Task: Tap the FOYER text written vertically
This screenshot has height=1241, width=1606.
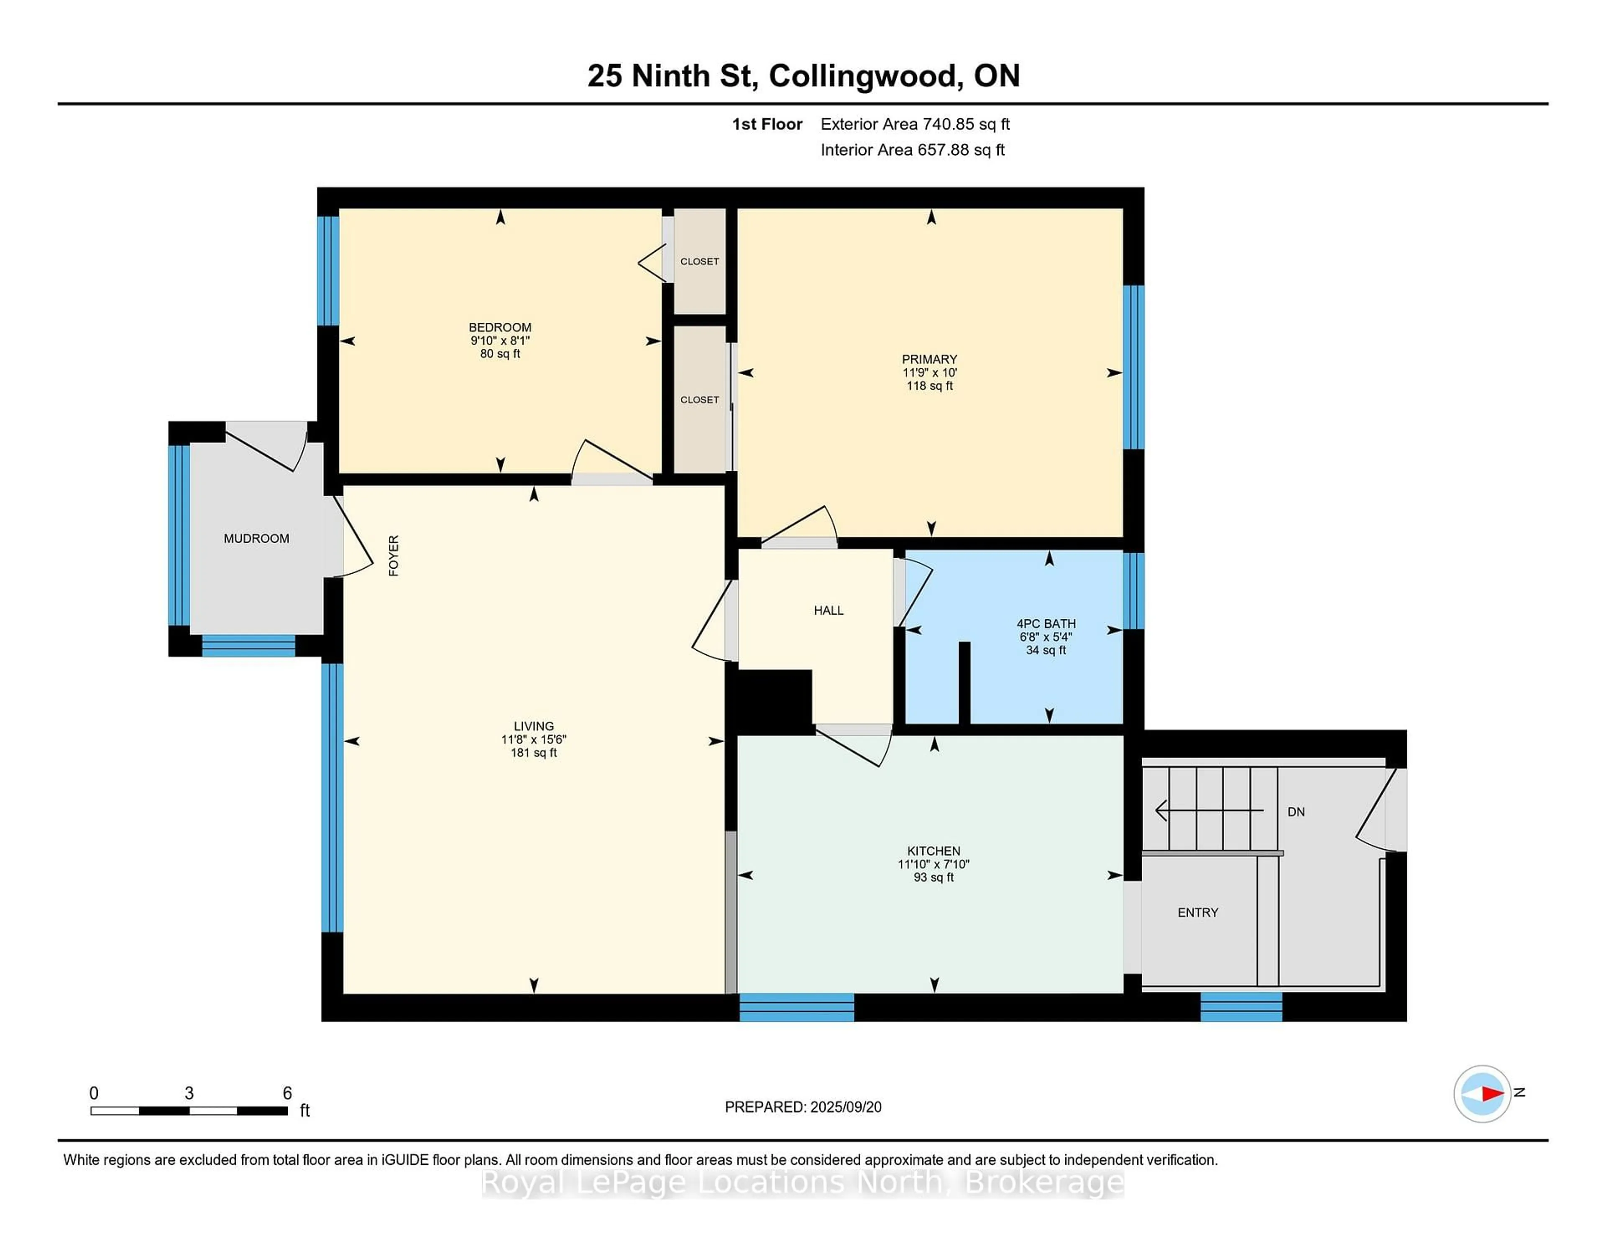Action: [x=394, y=555]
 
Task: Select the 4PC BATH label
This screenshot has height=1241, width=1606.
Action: [x=1046, y=623]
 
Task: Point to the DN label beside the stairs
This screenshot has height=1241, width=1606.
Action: [x=1296, y=812]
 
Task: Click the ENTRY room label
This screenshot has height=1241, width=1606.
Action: [x=1198, y=912]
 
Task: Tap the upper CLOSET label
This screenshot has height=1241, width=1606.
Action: [x=699, y=261]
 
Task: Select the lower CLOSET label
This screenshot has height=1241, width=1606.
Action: [x=699, y=399]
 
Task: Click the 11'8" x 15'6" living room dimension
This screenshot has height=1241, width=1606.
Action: [x=534, y=740]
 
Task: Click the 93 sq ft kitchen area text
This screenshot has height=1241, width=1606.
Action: [x=933, y=878]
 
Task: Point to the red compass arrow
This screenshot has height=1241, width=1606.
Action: [x=1491, y=1094]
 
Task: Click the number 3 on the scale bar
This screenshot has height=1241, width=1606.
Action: [x=189, y=1093]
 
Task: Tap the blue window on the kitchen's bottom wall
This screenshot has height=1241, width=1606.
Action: [x=796, y=1007]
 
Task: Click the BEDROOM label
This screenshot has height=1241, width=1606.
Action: [x=500, y=327]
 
